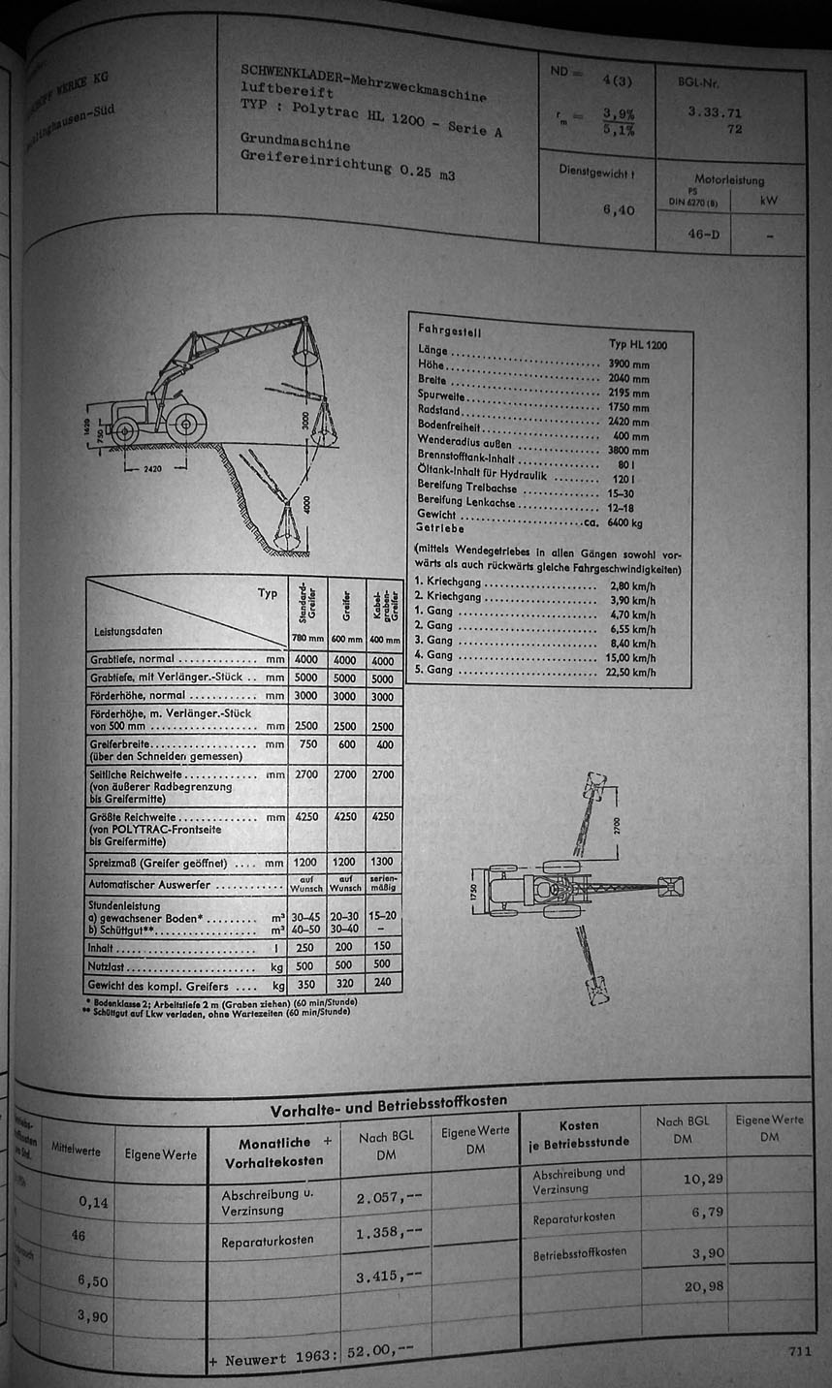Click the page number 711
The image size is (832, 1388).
(x=799, y=1351)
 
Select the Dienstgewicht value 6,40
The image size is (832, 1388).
(x=618, y=208)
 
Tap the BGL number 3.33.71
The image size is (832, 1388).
(x=715, y=112)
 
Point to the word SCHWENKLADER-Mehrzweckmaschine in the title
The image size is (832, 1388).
(x=364, y=81)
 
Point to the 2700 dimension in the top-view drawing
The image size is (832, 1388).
(x=617, y=826)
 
